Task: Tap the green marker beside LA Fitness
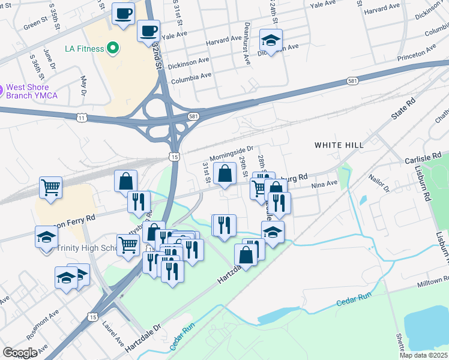(112, 48)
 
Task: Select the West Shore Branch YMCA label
(36, 91)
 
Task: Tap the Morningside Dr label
(232, 152)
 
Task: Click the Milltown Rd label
(434, 281)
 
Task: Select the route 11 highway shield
(81, 118)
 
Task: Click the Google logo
(20, 353)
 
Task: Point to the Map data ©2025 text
(423, 355)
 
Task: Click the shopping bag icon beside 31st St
(224, 175)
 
